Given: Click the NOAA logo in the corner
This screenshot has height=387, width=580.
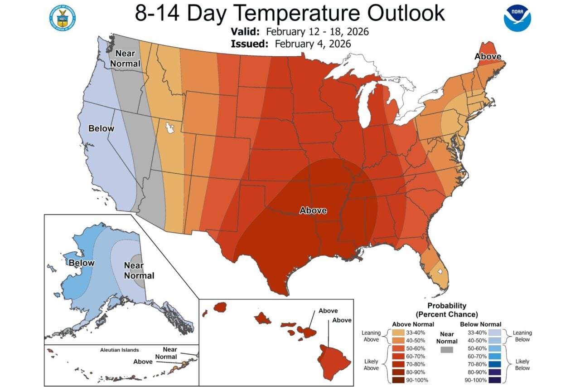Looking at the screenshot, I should click(517, 18).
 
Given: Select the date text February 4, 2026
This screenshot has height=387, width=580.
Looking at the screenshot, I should click(312, 44).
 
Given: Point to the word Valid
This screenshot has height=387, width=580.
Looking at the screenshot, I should click(245, 32).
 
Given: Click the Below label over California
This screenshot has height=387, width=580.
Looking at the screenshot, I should click(101, 128).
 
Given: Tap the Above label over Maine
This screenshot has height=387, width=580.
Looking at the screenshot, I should click(488, 57).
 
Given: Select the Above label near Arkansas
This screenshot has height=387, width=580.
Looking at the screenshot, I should click(313, 211).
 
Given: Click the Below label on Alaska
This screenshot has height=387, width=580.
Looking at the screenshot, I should click(82, 263).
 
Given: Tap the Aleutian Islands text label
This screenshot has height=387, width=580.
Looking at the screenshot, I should click(120, 350).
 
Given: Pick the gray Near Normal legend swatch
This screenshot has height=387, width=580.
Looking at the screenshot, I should click(447, 350).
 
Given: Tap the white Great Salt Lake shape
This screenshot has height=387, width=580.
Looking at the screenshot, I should click(170, 127).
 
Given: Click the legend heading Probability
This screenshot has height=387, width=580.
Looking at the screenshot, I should click(447, 306).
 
